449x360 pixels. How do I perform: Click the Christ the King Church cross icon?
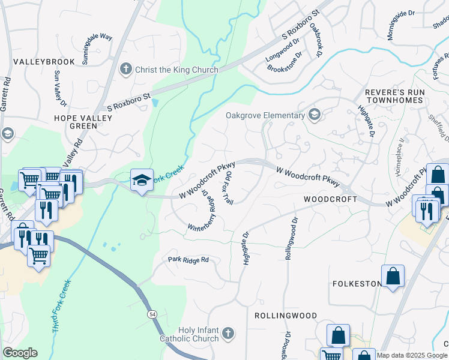coord(126,70)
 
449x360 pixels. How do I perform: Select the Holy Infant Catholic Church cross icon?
coord(228,333)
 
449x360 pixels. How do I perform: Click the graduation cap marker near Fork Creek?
coord(141,179)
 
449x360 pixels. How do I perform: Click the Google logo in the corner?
coord(20,353)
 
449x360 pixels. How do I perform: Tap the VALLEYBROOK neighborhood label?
coord(44,62)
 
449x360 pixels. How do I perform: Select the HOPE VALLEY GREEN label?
coord(83,122)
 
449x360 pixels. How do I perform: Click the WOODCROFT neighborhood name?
coord(327,199)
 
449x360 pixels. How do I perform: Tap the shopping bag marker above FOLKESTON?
coord(393,277)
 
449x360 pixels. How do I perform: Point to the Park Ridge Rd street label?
coord(188,260)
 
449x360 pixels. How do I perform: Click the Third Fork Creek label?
coord(62,306)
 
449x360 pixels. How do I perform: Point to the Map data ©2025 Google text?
coord(412,355)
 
